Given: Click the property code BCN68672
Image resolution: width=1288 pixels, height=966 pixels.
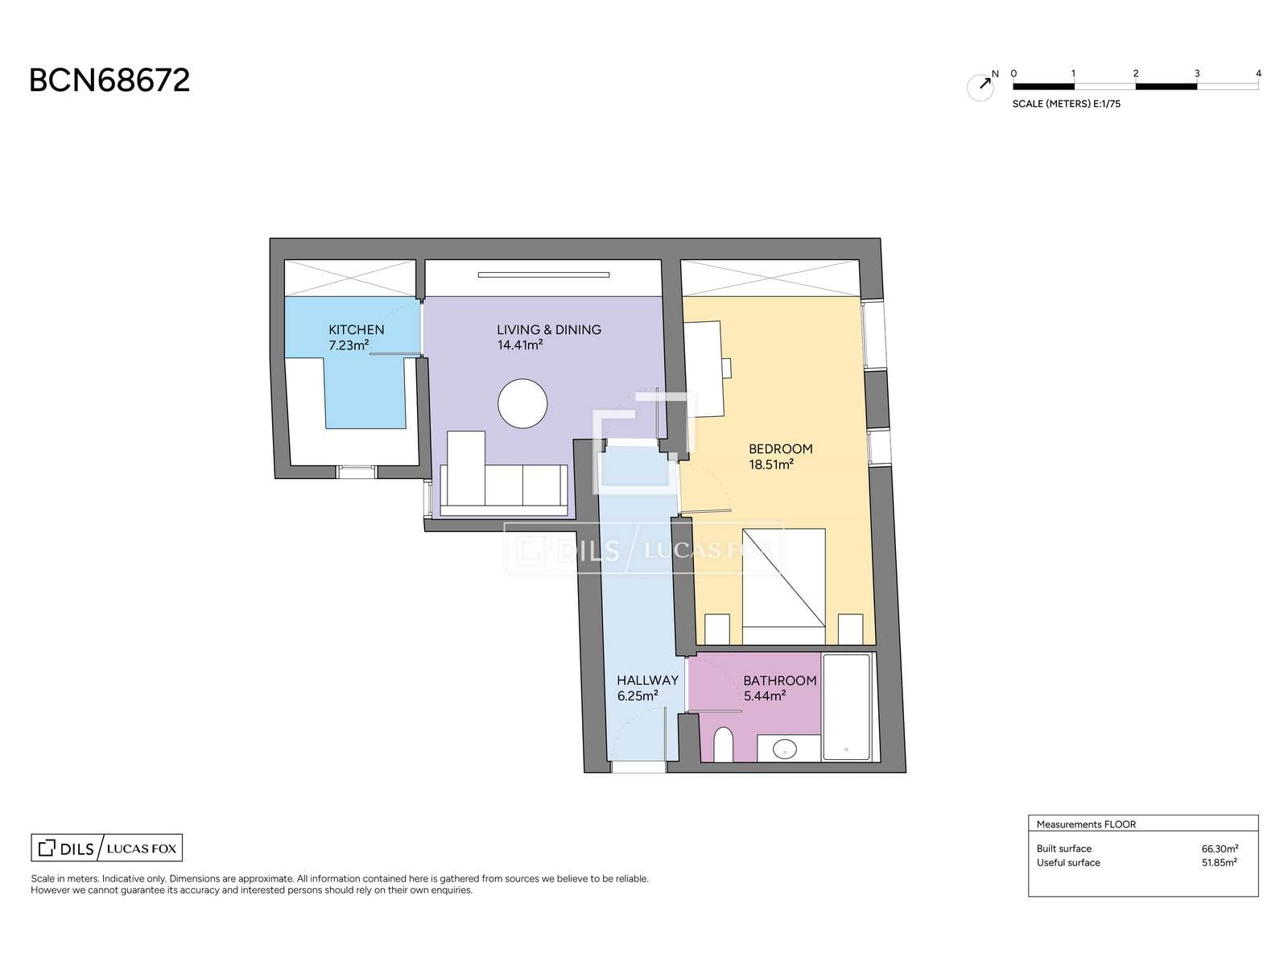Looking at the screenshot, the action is (109, 80).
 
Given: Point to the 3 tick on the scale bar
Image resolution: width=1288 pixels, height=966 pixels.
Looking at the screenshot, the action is (1196, 74).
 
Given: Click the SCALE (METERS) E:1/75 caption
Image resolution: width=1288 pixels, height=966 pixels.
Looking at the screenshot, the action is (1066, 104).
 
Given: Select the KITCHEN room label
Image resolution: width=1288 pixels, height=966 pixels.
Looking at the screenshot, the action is (356, 329).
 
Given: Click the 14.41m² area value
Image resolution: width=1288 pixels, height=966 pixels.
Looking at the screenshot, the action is (520, 345).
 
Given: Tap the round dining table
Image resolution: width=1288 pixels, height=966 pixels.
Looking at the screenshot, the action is (522, 403).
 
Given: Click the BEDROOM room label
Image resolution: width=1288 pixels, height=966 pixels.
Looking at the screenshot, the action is (780, 449).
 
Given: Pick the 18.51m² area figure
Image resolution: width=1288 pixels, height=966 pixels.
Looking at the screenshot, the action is (771, 464).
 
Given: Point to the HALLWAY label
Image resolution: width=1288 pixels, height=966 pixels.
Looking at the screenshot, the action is (647, 680).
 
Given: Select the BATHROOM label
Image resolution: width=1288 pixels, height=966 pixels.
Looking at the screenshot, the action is (780, 681).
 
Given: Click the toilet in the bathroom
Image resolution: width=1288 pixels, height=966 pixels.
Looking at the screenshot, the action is (724, 745).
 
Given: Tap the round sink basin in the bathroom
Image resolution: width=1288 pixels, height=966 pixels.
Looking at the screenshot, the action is (785, 749).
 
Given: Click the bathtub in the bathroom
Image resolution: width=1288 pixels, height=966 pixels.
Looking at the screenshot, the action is (846, 708).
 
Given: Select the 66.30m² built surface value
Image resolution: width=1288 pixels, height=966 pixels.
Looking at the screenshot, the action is (1220, 848).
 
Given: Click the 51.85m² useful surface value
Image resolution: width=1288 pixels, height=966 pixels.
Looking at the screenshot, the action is (1220, 863).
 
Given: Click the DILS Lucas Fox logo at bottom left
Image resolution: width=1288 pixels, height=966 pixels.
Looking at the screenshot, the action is (107, 848).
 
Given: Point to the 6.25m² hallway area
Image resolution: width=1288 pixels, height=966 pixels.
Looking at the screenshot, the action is (638, 696).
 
